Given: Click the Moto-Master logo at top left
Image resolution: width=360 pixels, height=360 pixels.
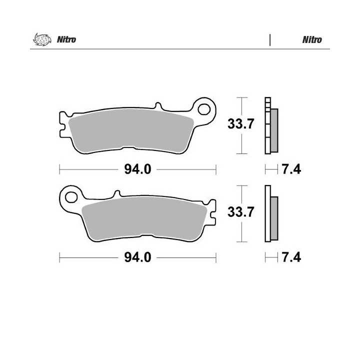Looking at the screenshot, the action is pos(42,39).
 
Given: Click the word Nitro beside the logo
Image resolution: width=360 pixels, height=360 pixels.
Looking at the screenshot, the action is pos(66,39).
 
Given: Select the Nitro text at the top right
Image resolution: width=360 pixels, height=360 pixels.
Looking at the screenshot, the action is pos(312,39).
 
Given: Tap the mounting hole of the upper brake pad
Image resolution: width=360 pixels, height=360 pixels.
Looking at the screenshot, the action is pos(204,109).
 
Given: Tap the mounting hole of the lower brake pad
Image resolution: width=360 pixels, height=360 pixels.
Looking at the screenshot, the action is pos(71,197).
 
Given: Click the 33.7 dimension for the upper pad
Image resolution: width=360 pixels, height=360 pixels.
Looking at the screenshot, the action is pos(241,124).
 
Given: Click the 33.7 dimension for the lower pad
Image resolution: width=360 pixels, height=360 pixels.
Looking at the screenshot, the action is pos(241,211).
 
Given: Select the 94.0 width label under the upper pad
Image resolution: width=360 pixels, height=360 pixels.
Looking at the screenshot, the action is pos(138,169).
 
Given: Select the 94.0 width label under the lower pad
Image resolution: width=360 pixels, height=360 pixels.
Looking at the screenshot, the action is pos(138,257).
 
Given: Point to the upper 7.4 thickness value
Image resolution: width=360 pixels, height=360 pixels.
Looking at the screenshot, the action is pos(291,169).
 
